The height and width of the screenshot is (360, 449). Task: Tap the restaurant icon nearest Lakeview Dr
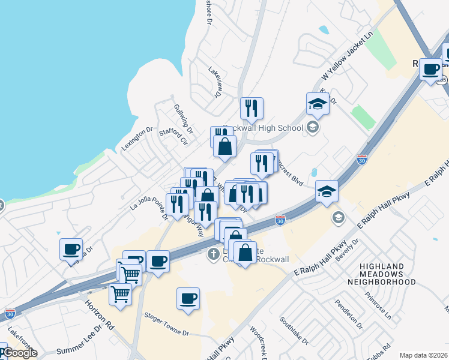point(252,109)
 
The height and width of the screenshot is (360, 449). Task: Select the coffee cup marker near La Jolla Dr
point(71,249)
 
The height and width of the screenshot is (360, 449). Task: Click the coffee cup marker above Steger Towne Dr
point(188,298)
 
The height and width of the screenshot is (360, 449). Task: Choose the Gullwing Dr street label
point(183,118)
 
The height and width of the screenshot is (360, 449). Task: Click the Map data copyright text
point(423,355)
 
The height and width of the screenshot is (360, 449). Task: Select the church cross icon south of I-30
point(212,254)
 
